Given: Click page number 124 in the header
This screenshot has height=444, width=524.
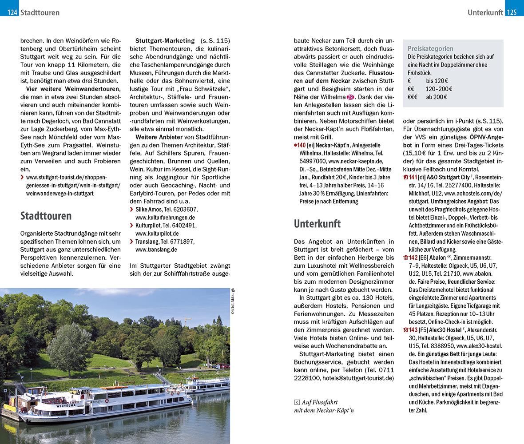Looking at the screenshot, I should click(12, 12).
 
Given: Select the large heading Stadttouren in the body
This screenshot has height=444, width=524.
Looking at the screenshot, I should click(46, 216).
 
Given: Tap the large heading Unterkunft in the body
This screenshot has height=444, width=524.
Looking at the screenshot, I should click(317, 223).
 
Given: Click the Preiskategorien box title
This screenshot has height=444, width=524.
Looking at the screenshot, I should click(430, 48).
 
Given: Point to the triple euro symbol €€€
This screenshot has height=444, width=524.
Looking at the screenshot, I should click(413, 97).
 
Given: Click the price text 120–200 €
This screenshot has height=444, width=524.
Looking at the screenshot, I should click(436, 89).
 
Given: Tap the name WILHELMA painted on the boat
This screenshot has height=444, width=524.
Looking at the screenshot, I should click(63, 405).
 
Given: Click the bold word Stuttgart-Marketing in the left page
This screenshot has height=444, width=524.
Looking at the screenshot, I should click(165, 41).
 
